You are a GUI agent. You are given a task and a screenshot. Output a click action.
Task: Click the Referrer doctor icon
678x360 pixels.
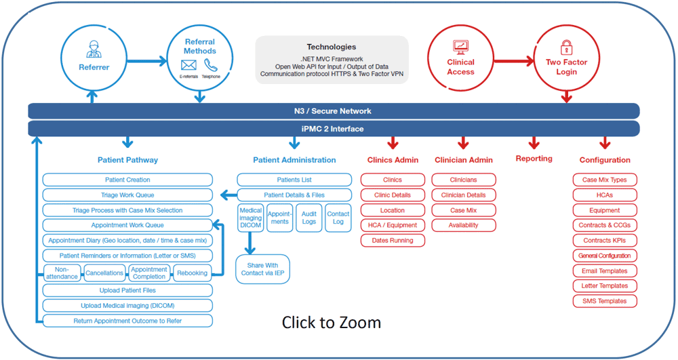click(x=94, y=49)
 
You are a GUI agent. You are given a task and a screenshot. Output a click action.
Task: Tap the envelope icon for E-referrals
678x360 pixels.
click(x=188, y=65)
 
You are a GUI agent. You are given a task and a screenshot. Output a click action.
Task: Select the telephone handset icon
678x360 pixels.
click(x=211, y=65)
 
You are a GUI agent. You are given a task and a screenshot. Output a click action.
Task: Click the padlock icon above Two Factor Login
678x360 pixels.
click(x=566, y=47)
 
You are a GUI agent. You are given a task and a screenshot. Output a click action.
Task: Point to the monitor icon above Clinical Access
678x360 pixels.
click(x=460, y=47)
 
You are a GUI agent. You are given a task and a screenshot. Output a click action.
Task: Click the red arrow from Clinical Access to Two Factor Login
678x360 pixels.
click(x=514, y=61)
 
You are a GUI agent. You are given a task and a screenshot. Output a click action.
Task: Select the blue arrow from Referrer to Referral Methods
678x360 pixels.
click(x=147, y=61)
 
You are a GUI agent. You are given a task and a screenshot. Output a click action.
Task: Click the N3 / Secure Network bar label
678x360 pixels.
click(x=332, y=111)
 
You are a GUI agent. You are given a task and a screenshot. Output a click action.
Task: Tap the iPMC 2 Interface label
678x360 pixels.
click(x=332, y=129)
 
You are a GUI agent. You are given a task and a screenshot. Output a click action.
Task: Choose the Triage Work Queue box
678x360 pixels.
click(x=127, y=195)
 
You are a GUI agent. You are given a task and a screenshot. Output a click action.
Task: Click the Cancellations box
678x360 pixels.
click(x=104, y=273)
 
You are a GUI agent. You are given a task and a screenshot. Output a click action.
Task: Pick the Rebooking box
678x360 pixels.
click(x=193, y=273)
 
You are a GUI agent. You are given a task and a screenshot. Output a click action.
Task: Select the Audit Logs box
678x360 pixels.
click(x=308, y=218)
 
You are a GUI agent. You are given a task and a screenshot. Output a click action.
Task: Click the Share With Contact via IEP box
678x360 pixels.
click(x=262, y=269)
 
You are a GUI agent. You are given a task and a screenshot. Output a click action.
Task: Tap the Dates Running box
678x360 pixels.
click(x=393, y=240)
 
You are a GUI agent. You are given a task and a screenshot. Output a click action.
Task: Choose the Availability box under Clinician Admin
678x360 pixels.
click(x=464, y=225)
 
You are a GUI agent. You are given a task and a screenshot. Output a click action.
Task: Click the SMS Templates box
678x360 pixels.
click(x=605, y=301)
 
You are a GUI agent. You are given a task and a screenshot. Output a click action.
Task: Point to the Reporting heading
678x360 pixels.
click(x=534, y=159)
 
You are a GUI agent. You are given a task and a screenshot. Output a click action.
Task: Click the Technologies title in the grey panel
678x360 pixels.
click(x=332, y=47)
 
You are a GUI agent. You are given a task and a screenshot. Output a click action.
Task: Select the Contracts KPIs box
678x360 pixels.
click(x=605, y=240)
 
